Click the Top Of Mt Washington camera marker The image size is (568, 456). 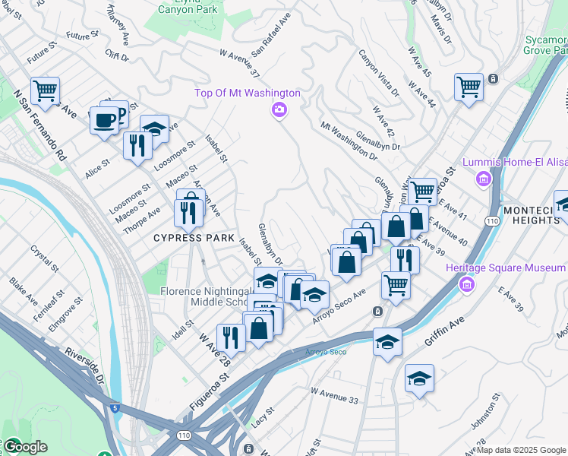[x=279, y=111]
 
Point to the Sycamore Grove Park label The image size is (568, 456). [x=545, y=43]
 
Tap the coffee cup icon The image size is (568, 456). [x=104, y=119]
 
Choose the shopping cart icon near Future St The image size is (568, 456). [x=46, y=91]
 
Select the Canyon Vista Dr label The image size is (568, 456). [x=377, y=74]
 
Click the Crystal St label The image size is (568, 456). [x=45, y=258]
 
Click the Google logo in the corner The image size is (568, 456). [x=24, y=447]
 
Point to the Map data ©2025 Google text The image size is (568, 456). [x=522, y=450]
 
